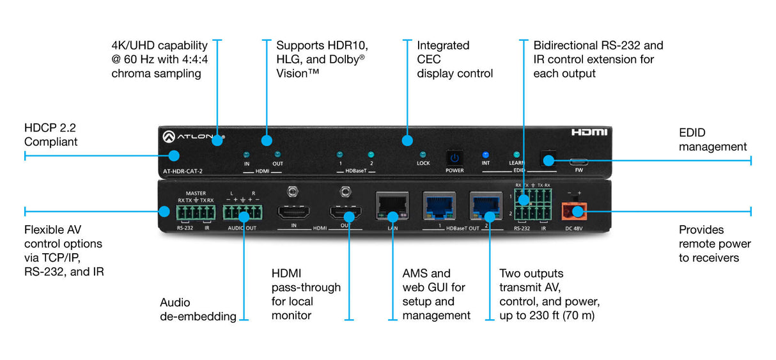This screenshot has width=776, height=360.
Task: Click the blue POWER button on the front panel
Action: pyautogui.click(x=454, y=157)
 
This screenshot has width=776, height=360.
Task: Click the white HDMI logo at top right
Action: pyautogui.click(x=589, y=132)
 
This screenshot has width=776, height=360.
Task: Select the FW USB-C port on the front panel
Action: pyautogui.click(x=578, y=161)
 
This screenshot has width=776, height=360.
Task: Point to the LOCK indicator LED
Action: pyautogui.click(x=423, y=155)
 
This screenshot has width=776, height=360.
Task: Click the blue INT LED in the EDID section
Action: pyautogui.click(x=485, y=155)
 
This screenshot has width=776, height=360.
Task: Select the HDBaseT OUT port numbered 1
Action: pyautogui.click(x=438, y=206)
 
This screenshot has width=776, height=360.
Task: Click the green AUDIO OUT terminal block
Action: pyautogui.click(x=242, y=212)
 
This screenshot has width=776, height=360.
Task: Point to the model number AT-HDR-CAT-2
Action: pyautogui.click(x=183, y=171)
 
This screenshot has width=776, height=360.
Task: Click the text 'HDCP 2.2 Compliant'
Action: pyautogui.click(x=51, y=135)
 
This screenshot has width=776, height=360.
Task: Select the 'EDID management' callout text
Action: pyautogui.click(x=712, y=140)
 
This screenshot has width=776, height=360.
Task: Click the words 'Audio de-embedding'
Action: pyautogui.click(x=198, y=309)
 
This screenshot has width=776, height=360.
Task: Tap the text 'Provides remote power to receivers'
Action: pyautogui.click(x=714, y=244)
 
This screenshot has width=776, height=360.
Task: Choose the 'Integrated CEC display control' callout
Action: pyautogui.click(x=454, y=59)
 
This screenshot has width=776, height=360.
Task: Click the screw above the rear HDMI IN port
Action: pyautogui.click(x=294, y=191)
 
